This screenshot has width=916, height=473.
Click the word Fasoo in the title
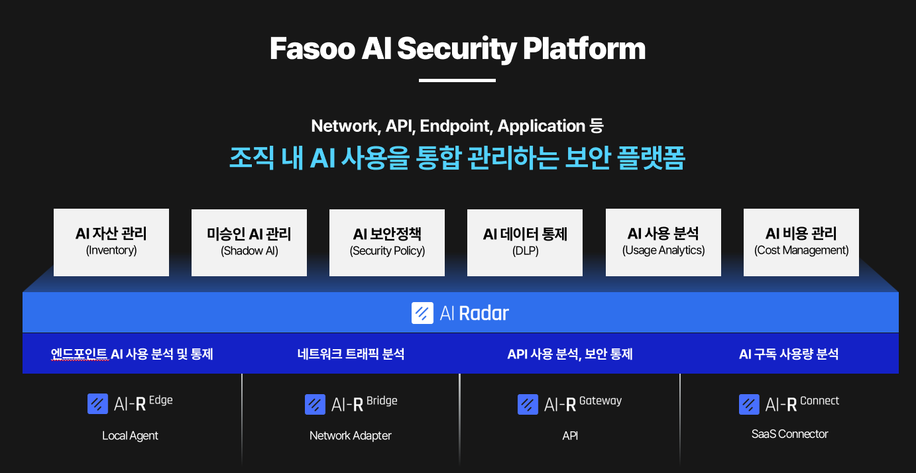(312, 48)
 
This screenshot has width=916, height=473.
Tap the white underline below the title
(457, 81)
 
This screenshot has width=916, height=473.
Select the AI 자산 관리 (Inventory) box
(111, 242)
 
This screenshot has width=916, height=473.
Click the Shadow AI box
(249, 243)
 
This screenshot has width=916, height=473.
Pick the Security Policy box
(387, 243)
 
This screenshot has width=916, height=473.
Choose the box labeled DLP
(525, 243)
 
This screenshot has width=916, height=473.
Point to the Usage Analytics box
(663, 242)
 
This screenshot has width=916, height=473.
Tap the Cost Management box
(801, 242)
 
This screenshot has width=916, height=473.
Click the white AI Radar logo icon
(422, 313)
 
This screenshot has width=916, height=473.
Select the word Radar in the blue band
(484, 313)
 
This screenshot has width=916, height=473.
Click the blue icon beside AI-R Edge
(97, 404)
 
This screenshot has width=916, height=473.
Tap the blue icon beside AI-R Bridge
(315, 404)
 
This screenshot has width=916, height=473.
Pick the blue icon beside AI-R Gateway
(528, 404)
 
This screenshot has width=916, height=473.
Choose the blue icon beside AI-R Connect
(749, 404)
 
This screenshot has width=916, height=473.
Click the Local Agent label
(130, 436)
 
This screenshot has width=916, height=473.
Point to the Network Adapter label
(351, 436)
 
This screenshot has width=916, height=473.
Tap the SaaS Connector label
(789, 434)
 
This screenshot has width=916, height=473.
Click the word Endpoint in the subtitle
(455, 126)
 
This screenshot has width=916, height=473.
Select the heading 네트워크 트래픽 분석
(351, 354)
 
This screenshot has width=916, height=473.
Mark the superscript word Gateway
(601, 401)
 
